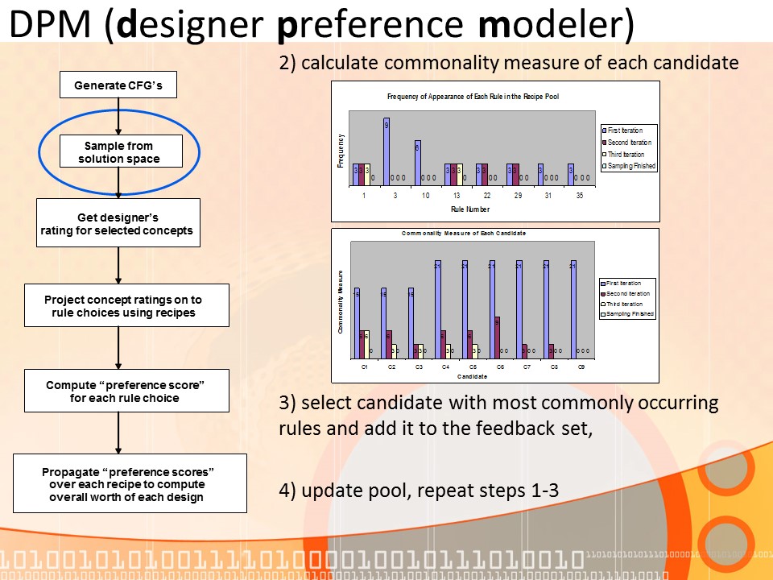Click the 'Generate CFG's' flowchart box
coord(118,85)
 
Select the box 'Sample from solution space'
coord(118,152)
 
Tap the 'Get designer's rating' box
coord(118,224)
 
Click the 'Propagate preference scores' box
coord(130,483)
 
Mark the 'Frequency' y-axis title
coord(341,151)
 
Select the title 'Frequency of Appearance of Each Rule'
coord(473,97)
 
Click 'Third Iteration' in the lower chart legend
coord(625,304)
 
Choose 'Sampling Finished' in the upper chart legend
coord(631,166)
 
